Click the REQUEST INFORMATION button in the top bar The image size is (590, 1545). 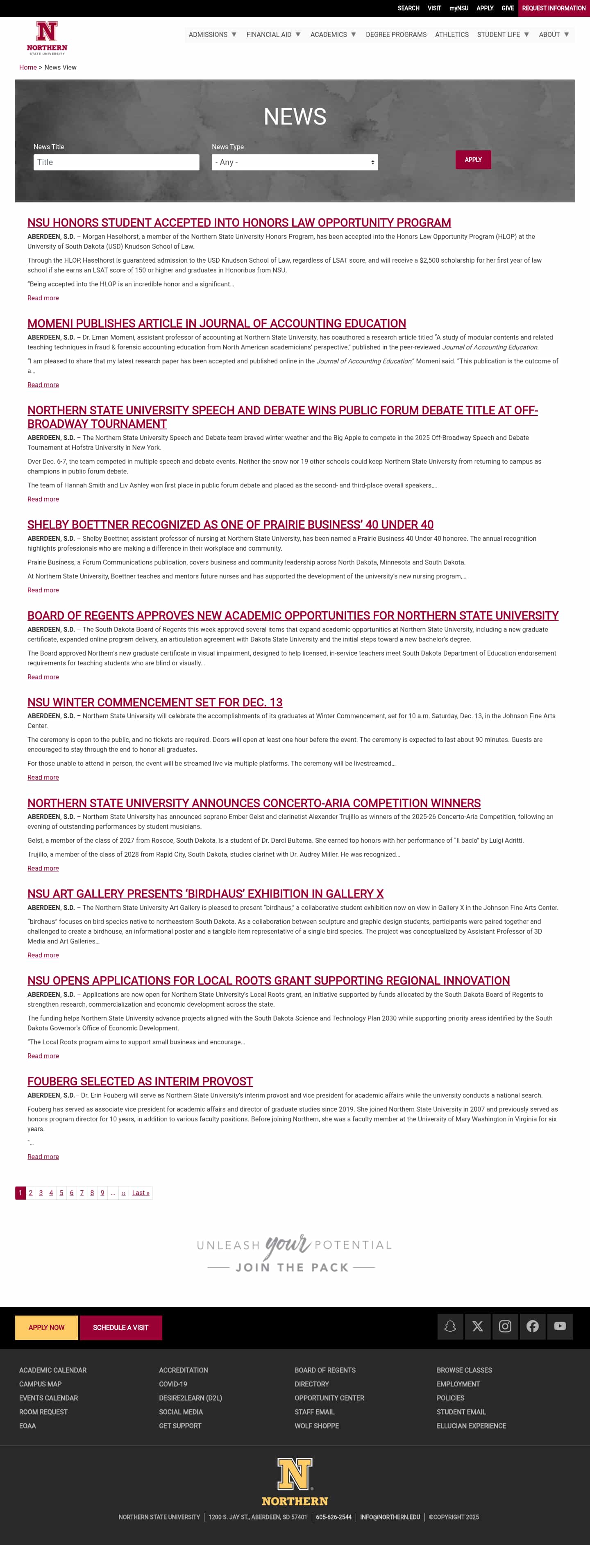click(x=554, y=8)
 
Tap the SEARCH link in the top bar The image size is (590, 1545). click(x=408, y=8)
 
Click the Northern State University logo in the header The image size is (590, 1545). click(x=47, y=37)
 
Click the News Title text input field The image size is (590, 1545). click(x=116, y=162)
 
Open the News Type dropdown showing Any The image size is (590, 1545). click(x=295, y=162)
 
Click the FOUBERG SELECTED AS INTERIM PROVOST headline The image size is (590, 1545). click(x=140, y=1081)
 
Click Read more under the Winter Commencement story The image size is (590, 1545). click(x=43, y=777)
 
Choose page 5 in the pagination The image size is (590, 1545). click(x=61, y=1193)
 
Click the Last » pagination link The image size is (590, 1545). click(x=140, y=1193)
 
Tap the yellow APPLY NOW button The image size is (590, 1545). click(x=46, y=1327)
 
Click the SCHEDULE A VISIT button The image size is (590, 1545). click(x=120, y=1327)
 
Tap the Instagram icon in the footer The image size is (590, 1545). click(x=505, y=1326)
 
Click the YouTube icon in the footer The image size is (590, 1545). click(x=560, y=1326)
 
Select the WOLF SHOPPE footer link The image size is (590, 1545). click(x=317, y=1426)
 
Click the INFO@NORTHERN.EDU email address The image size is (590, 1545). click(x=390, y=1517)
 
